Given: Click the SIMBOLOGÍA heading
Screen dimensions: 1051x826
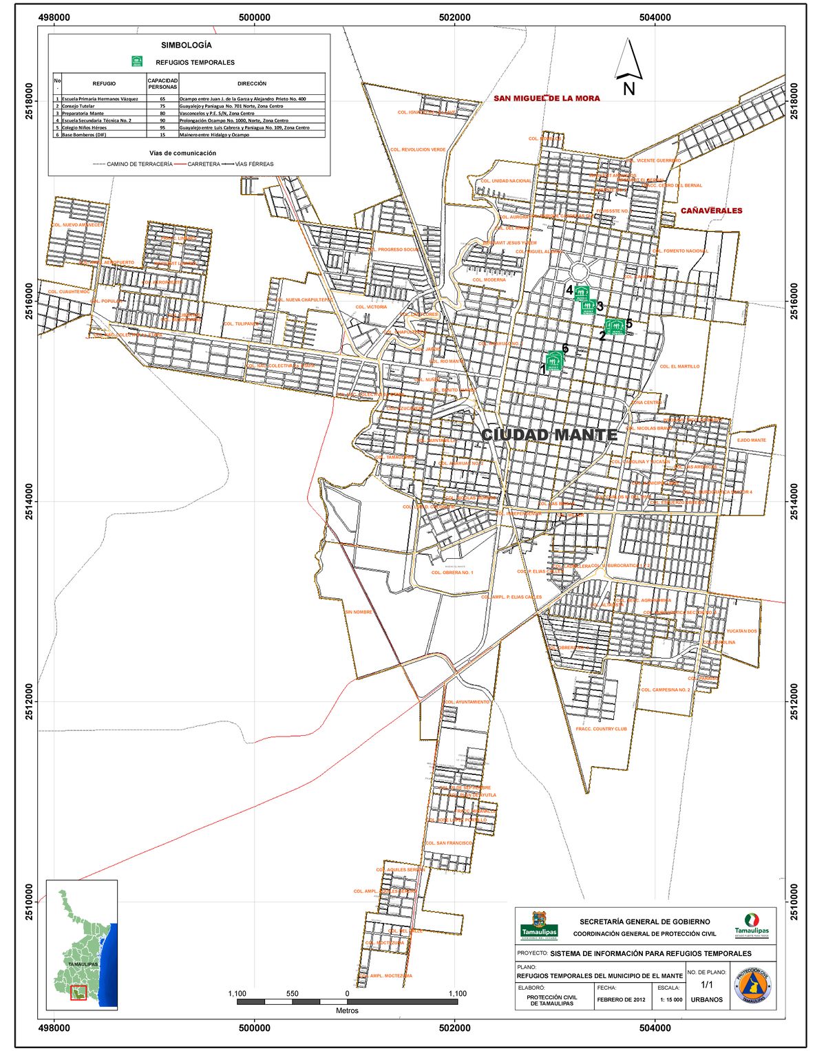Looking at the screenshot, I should point(186,45).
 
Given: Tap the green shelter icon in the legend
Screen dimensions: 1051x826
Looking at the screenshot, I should point(137,62).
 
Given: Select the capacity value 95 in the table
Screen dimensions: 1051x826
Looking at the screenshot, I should point(162,128).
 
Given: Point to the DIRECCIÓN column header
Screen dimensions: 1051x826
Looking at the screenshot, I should point(252,84).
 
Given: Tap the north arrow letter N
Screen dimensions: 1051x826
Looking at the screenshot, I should point(629,89).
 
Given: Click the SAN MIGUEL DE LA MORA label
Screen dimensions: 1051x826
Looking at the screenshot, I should point(547,98).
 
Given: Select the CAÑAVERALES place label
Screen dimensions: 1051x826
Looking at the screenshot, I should point(711,211).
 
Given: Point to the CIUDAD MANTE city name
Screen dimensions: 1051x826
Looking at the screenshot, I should point(549,435).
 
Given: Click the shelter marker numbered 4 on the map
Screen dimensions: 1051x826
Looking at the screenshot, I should point(582,293).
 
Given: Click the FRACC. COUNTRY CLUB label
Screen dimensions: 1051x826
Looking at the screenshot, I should point(601,729).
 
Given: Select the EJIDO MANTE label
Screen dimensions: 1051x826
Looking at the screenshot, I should point(751,440).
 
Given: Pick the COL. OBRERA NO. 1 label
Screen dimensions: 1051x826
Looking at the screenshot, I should point(452,573).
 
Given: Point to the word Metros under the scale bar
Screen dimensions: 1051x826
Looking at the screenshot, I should point(347,1011).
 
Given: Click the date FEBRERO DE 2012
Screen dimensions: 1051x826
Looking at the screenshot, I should point(621,1000).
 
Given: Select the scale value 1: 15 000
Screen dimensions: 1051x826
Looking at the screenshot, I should point(670,1000).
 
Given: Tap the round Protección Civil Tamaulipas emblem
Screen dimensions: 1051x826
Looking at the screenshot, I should point(752,986).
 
